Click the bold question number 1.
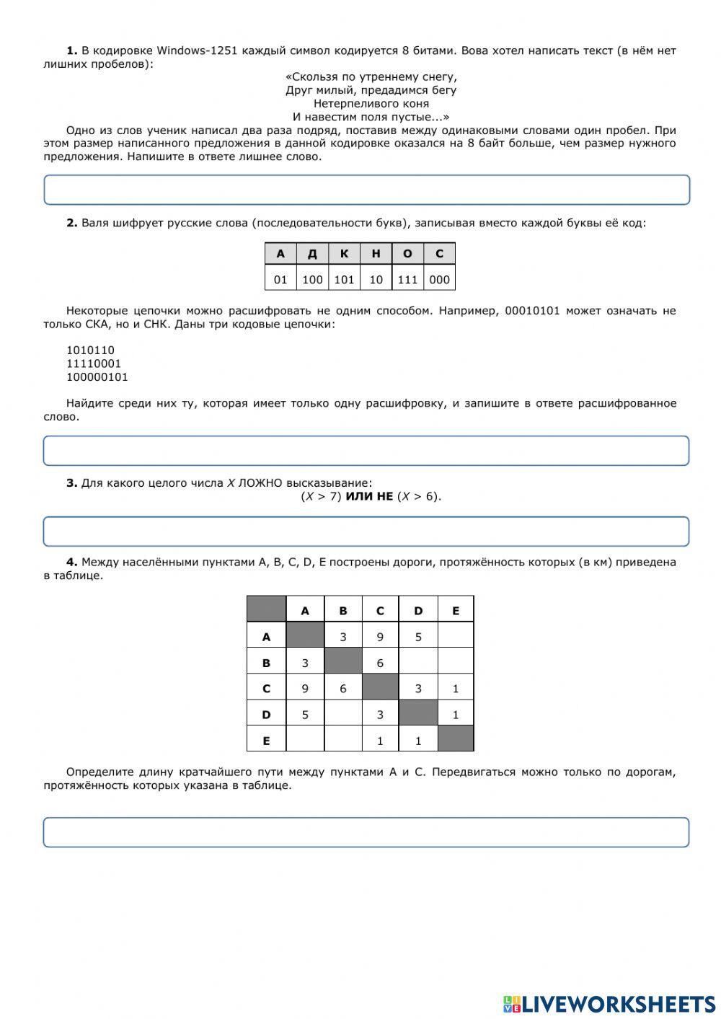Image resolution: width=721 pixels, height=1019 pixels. tap(71, 50)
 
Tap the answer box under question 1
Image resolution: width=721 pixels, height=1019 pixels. tap(366, 190)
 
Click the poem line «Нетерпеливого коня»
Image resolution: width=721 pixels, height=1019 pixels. tap(371, 103)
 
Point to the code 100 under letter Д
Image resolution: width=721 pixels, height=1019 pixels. tap(312, 280)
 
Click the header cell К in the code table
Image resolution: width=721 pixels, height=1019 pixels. tap(344, 254)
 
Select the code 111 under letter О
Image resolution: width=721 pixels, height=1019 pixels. tap(407, 280)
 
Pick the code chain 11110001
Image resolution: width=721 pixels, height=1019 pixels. tap(94, 363)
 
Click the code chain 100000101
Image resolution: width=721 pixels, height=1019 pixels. tap(97, 377)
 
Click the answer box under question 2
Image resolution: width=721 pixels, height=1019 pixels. tap(366, 451)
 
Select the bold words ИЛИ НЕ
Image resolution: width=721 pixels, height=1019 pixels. tap(369, 496)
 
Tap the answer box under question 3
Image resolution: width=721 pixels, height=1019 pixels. tap(366, 531)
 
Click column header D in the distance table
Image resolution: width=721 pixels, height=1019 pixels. tap(418, 611)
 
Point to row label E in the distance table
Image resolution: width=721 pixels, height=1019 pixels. tap(266, 741)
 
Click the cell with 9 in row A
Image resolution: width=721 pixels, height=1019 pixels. tap(380, 637)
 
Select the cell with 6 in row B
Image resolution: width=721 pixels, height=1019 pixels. tap(380, 663)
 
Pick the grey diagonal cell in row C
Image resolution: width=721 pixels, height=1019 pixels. tap(380, 688)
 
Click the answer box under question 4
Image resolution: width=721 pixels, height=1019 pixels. tap(366, 832)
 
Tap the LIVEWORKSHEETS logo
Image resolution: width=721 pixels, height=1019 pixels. tap(609, 1003)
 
